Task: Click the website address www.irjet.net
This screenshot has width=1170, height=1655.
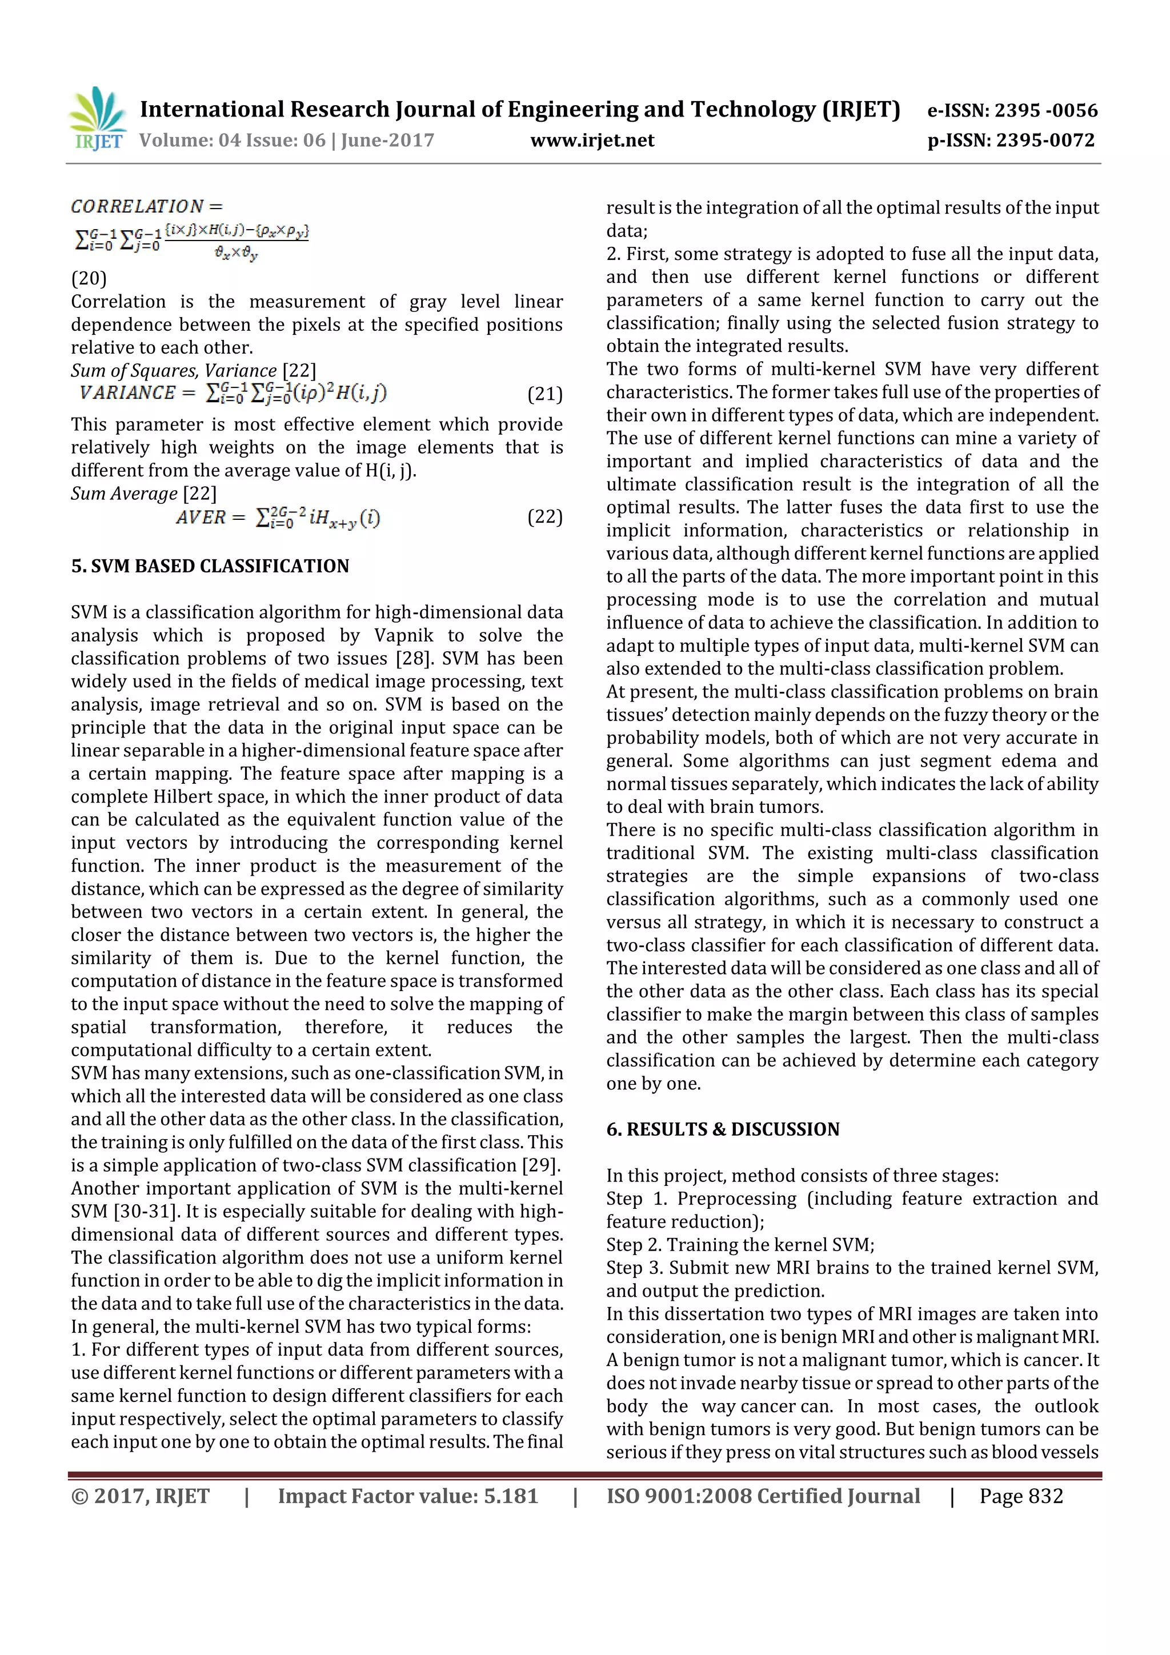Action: [x=592, y=141]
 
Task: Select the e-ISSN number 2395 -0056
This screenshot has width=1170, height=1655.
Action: [x=1045, y=110]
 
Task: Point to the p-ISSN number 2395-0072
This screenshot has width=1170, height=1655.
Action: [x=1045, y=141]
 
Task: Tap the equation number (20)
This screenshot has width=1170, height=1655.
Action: [x=89, y=278]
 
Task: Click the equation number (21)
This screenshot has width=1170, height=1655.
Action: [x=544, y=394]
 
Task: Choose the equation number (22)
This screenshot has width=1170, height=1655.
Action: [x=544, y=517]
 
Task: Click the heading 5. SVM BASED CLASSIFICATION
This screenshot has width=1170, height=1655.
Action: [x=210, y=566]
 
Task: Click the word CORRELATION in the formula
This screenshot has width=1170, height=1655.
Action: [x=137, y=207]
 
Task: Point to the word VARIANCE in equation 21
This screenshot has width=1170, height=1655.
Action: [x=127, y=393]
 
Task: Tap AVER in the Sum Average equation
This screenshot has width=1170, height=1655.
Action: [x=201, y=518]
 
